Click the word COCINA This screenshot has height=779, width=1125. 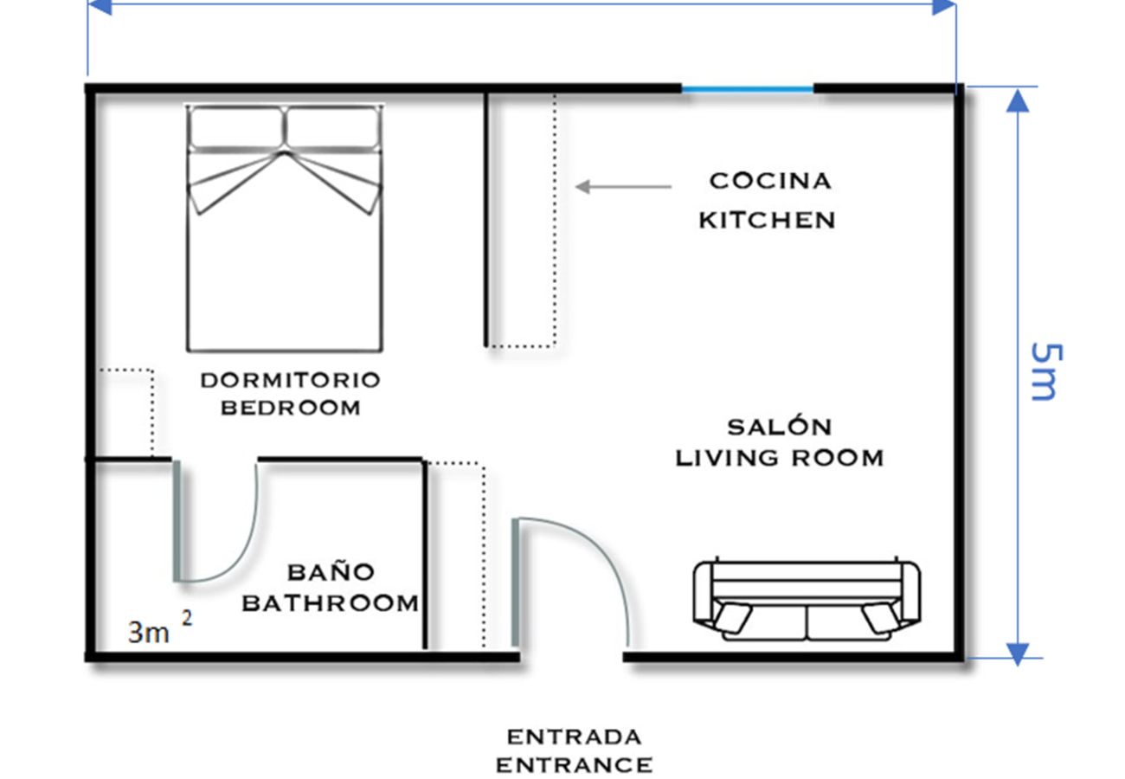click(769, 181)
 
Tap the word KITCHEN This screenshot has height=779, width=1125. click(767, 220)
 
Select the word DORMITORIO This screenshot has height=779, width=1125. click(290, 380)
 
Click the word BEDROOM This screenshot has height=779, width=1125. click(290, 408)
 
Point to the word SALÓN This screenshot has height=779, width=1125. click(779, 427)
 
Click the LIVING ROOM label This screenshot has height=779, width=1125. click(779, 457)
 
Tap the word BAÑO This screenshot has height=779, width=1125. click(331, 572)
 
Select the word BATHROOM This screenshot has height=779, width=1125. click(330, 602)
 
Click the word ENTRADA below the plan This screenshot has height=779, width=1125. click(574, 737)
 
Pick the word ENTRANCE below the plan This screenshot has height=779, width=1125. click(574, 765)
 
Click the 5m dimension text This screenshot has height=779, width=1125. click(1044, 371)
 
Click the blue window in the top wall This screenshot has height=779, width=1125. click(748, 88)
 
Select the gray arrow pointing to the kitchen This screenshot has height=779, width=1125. click(623, 186)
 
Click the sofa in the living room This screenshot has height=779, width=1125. click(807, 601)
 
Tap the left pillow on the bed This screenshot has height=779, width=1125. click(236, 128)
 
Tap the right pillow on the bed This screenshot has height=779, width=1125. click(333, 128)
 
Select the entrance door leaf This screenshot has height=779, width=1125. click(515, 583)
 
